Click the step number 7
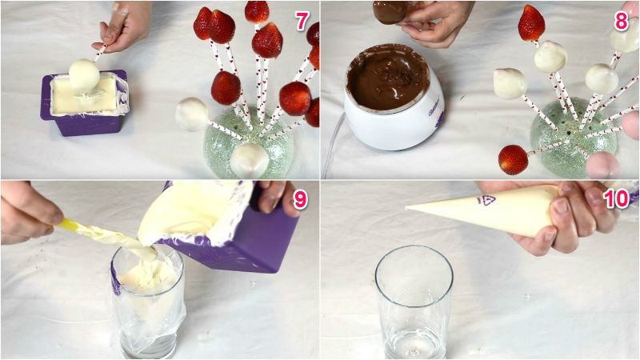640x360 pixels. tap(302, 21)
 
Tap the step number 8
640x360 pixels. tap(621, 22)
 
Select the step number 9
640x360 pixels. tap(300, 199)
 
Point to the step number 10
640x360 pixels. tap(617, 198)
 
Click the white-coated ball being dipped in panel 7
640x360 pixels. tap(84, 75)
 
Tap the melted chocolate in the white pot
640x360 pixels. tap(388, 78)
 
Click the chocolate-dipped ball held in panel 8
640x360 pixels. tap(390, 12)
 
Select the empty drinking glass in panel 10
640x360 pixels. tap(414, 302)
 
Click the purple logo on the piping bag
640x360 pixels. tap(486, 201)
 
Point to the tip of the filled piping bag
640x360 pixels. tap(407, 209)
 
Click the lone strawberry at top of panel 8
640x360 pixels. tap(531, 23)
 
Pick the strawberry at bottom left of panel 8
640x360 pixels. tap(513, 159)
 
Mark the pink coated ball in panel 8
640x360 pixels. tap(603, 166)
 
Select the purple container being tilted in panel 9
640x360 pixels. tap(229, 229)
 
